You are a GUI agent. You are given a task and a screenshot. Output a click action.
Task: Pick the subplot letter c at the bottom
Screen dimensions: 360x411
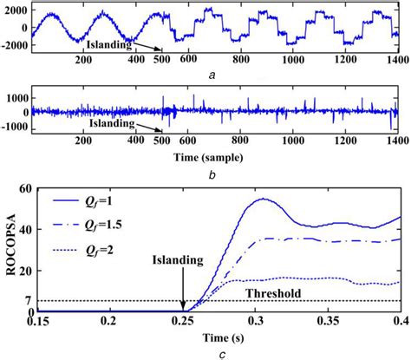click(x=219, y=350)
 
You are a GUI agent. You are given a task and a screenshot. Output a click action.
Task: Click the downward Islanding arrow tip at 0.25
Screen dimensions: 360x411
click(x=183, y=309)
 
